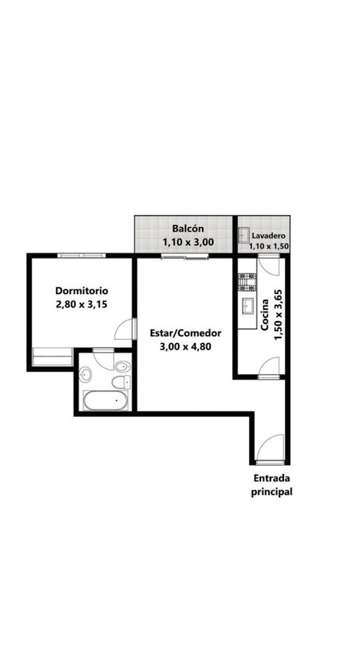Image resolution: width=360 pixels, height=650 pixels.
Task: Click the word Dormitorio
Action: pyautogui.click(x=82, y=290)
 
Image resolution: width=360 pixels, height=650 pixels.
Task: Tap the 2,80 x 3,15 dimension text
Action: pyautogui.click(x=82, y=304)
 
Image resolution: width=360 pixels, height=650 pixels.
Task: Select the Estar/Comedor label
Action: pyautogui.click(x=185, y=333)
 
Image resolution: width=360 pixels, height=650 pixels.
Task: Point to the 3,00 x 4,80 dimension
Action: pyautogui.click(x=185, y=347)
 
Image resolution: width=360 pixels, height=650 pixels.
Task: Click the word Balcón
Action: pyautogui.click(x=188, y=229)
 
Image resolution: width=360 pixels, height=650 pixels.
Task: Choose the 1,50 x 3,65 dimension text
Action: pyautogui.click(x=279, y=315)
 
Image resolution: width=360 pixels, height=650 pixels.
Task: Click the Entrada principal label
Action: pyautogui.click(x=272, y=485)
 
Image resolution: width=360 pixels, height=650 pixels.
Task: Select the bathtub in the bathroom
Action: pyautogui.click(x=105, y=400)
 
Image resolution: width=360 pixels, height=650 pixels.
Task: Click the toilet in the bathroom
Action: pyautogui.click(x=121, y=382)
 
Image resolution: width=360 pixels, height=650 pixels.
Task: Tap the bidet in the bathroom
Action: pyautogui.click(x=122, y=366)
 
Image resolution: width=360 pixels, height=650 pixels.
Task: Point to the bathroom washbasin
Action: pyautogui.click(x=85, y=374)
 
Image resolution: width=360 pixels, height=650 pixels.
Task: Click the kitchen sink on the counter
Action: pyautogui.click(x=248, y=306)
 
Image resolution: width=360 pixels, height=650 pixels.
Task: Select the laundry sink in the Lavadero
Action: pyautogui.click(x=243, y=235)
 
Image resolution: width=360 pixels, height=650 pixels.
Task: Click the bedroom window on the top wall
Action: pyautogui.click(x=81, y=256)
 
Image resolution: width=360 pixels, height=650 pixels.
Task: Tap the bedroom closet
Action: pyautogui.click(x=52, y=357)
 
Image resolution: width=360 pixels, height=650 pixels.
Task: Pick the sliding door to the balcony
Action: pyautogui.click(x=185, y=257)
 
